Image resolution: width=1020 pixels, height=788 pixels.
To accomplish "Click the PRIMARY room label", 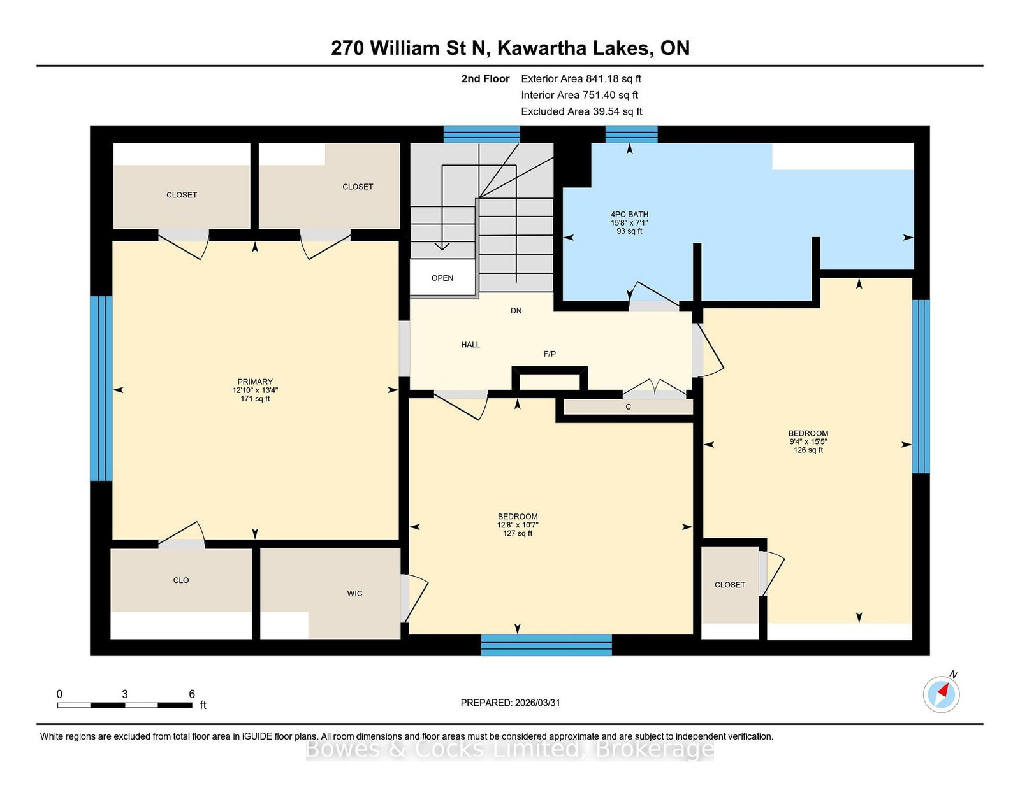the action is (x=255, y=382).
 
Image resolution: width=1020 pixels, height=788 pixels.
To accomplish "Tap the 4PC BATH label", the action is (x=629, y=214).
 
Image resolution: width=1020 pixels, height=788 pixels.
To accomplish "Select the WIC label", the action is (x=354, y=593).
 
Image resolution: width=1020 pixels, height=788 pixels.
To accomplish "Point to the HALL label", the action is (x=470, y=345).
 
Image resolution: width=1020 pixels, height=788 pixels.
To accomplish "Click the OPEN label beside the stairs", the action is (x=442, y=278).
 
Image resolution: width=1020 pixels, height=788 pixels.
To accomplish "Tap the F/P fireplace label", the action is (x=550, y=354).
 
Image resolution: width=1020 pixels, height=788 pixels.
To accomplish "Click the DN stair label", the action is (x=516, y=310).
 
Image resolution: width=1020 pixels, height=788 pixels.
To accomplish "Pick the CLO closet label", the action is (x=180, y=580).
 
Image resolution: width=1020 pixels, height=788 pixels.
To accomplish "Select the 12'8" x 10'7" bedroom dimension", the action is (x=517, y=525).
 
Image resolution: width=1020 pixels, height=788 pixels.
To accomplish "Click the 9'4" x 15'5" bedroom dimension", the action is (x=808, y=441).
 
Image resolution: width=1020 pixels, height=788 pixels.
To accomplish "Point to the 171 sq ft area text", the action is (x=255, y=399).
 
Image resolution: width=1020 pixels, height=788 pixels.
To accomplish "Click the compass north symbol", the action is (x=941, y=694).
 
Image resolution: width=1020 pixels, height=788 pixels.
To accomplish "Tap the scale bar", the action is (x=125, y=705).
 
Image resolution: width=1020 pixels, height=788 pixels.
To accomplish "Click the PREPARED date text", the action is (x=510, y=703).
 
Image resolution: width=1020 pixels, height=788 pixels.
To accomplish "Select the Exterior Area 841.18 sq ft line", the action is (x=581, y=79).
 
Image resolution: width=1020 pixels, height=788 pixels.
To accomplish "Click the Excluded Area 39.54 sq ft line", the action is (x=581, y=111).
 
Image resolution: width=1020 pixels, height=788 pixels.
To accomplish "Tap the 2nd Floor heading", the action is (x=485, y=79).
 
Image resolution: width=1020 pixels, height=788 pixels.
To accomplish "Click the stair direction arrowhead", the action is (x=442, y=246).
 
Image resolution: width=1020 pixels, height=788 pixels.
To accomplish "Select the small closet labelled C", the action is (x=628, y=406).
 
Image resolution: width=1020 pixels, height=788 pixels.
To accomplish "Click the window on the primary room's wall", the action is (x=101, y=389).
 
